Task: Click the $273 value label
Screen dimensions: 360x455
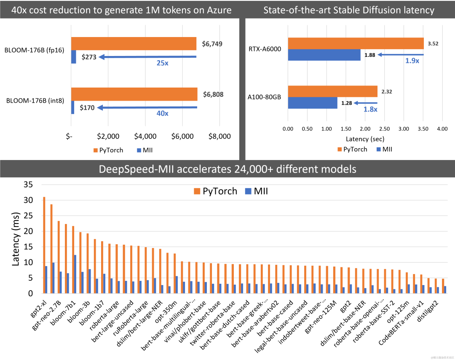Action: click(89, 57)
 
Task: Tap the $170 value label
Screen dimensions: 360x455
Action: click(87, 108)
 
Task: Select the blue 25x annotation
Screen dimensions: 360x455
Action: click(162, 63)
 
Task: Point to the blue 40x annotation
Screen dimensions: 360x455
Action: click(162, 113)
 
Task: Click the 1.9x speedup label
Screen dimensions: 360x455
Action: click(412, 61)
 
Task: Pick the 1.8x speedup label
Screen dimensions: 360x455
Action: click(370, 109)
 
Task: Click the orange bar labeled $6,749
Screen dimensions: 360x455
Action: click(134, 44)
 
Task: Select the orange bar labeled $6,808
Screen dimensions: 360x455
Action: click(134, 94)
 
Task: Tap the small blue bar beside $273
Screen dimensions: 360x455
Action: click(74, 57)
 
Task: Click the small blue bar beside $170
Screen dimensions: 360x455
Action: click(73, 108)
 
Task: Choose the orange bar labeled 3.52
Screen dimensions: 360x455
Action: click(356, 43)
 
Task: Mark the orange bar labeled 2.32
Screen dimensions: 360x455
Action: click(332, 91)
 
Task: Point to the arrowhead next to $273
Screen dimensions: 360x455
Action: click(101, 57)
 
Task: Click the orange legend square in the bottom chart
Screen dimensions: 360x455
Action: click(197, 191)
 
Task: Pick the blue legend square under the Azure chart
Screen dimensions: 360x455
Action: click(139, 150)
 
